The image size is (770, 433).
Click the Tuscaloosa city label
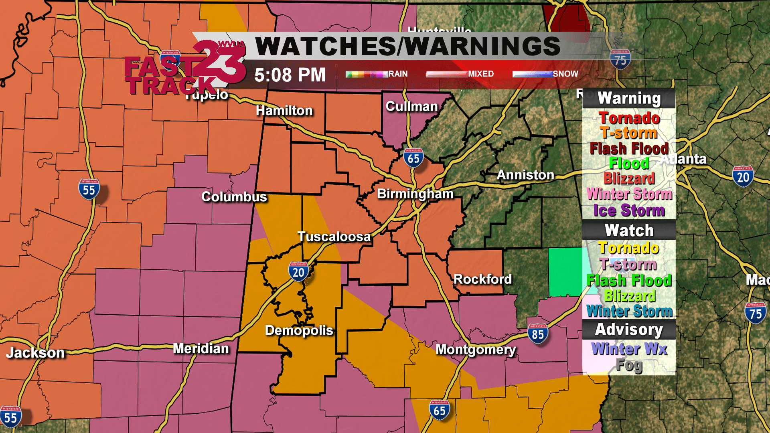[x=334, y=237]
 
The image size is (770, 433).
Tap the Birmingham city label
[x=415, y=194]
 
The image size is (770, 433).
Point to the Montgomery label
[x=476, y=350]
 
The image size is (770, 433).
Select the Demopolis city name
[x=299, y=330]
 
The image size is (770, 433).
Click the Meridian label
[x=201, y=349]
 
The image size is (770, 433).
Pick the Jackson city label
[x=35, y=353]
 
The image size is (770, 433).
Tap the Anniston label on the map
[x=525, y=175]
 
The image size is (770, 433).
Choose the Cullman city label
[x=411, y=107]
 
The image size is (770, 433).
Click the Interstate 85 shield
[x=538, y=334]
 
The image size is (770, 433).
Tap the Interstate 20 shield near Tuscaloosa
[x=298, y=272]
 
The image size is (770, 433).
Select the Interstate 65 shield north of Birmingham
[x=413, y=158]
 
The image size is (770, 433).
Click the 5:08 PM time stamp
[x=290, y=75]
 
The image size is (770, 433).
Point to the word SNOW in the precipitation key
[x=565, y=74]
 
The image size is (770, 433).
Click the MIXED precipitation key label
[x=481, y=74]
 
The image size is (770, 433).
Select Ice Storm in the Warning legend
[x=629, y=210]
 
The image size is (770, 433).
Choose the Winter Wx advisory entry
[x=629, y=349]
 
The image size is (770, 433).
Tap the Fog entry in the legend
[x=629, y=365]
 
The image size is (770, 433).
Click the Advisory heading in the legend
[x=629, y=329]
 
